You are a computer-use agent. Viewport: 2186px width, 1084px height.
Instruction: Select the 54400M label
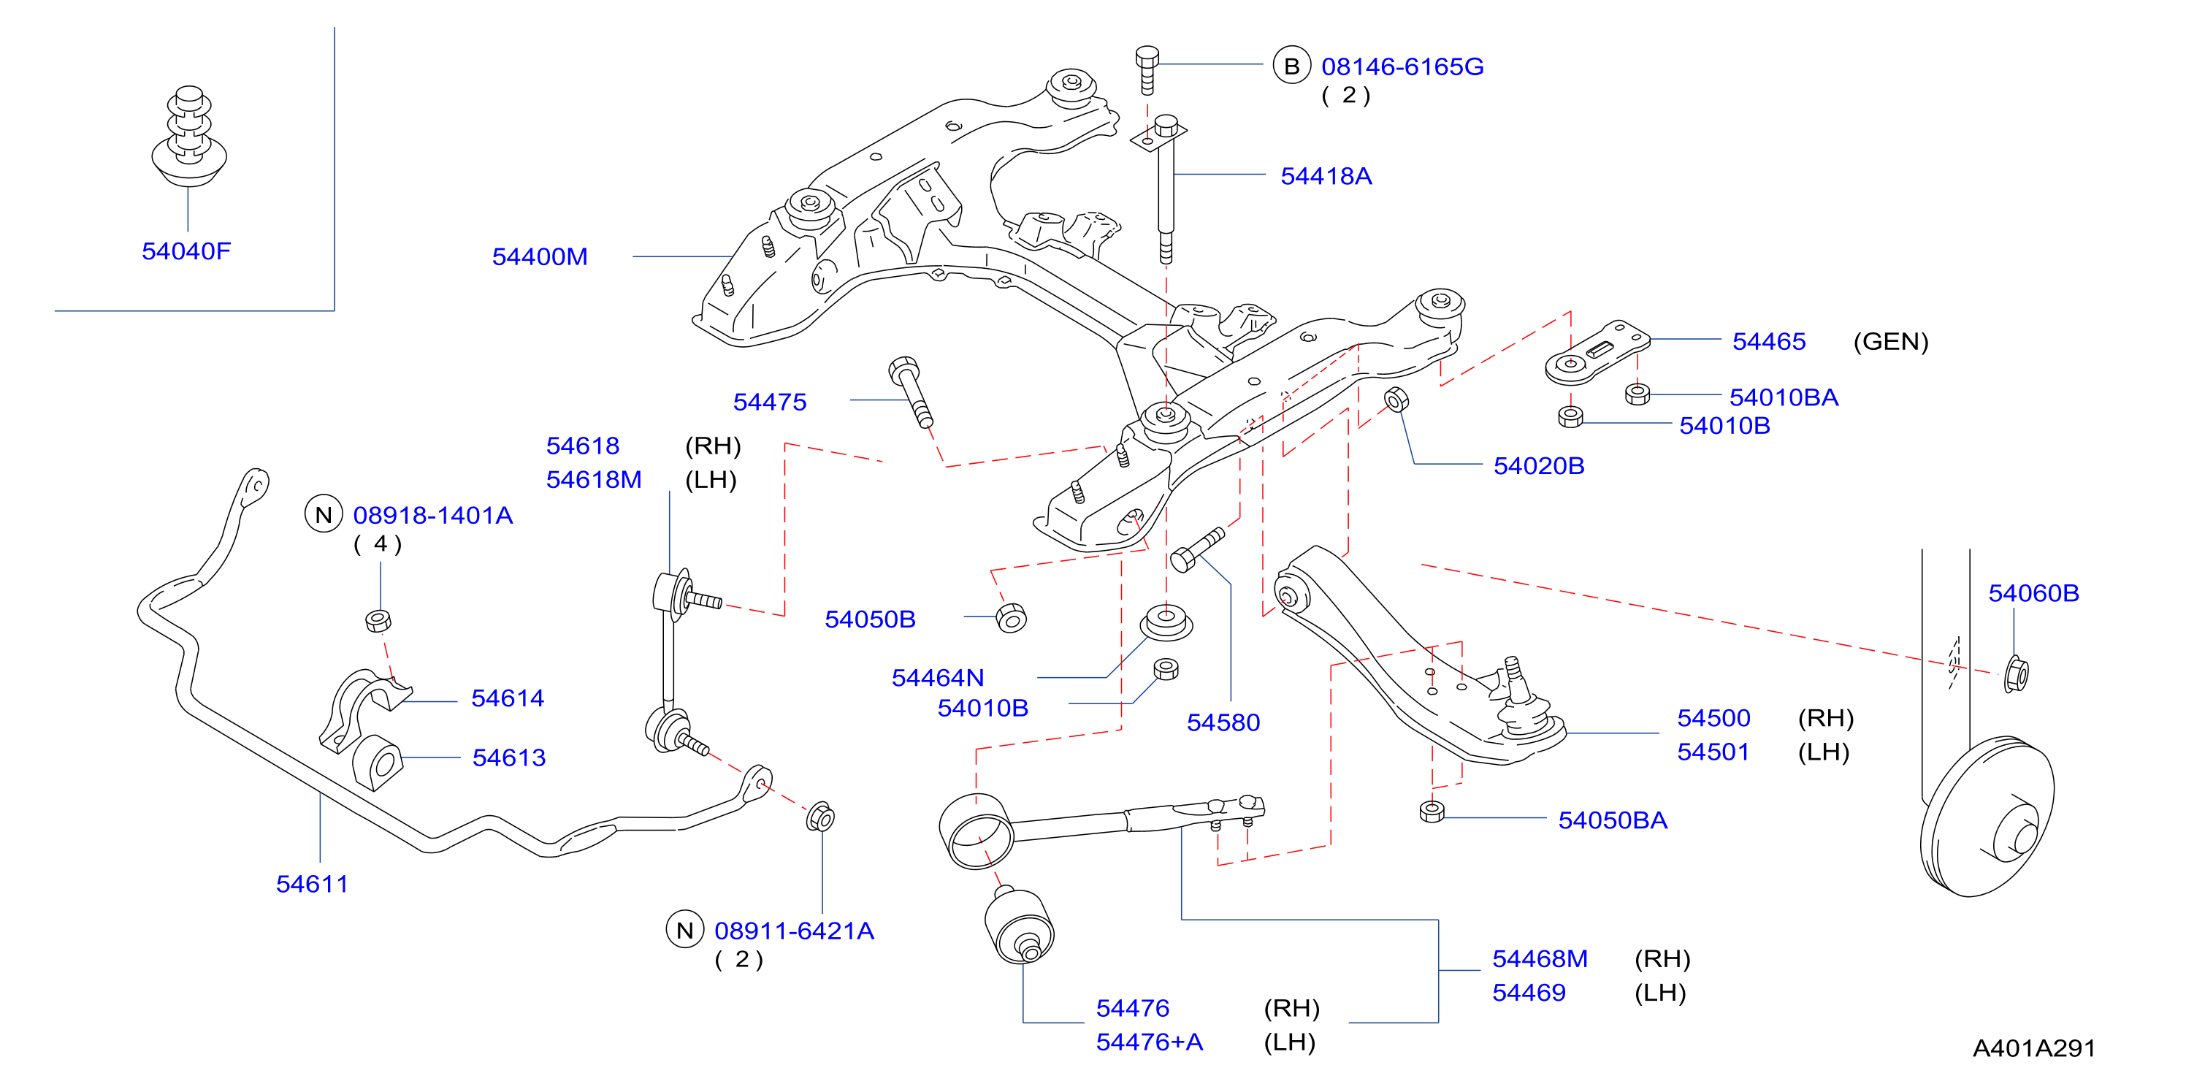[x=540, y=256]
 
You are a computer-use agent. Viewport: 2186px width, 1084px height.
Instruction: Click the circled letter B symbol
[x=1291, y=65]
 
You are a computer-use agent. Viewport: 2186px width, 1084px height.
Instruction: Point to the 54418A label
[x=1326, y=176]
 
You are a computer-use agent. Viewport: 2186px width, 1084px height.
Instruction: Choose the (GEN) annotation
[x=1891, y=341]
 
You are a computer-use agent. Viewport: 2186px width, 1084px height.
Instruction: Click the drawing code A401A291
[x=2033, y=1048]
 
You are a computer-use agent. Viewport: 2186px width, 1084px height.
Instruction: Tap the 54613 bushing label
[x=508, y=757]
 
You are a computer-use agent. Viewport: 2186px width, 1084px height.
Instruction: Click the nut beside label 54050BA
[x=1432, y=812]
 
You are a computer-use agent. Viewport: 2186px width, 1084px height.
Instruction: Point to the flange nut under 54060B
[x=2017, y=674]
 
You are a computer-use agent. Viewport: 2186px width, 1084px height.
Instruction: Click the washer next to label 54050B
[x=1011, y=617]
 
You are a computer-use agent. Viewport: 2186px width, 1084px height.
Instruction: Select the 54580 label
[x=1223, y=722]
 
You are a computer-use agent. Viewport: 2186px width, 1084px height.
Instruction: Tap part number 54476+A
[x=1149, y=1042]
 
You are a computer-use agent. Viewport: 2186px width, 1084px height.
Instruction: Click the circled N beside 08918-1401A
[x=324, y=514]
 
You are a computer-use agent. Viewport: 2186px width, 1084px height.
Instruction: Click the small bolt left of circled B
[x=1147, y=69]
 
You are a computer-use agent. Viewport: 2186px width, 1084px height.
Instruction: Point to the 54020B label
[x=1538, y=465]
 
